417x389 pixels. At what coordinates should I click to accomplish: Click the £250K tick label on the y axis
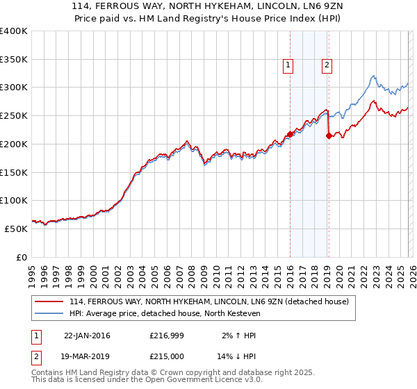[14, 115]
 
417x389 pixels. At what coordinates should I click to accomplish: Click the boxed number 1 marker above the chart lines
[288, 66]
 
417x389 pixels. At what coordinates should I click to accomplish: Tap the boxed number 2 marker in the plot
[326, 66]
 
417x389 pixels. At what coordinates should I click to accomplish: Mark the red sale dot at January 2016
[290, 134]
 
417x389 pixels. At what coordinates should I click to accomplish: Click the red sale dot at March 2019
[329, 135]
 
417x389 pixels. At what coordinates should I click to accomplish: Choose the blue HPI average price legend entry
[164, 313]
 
